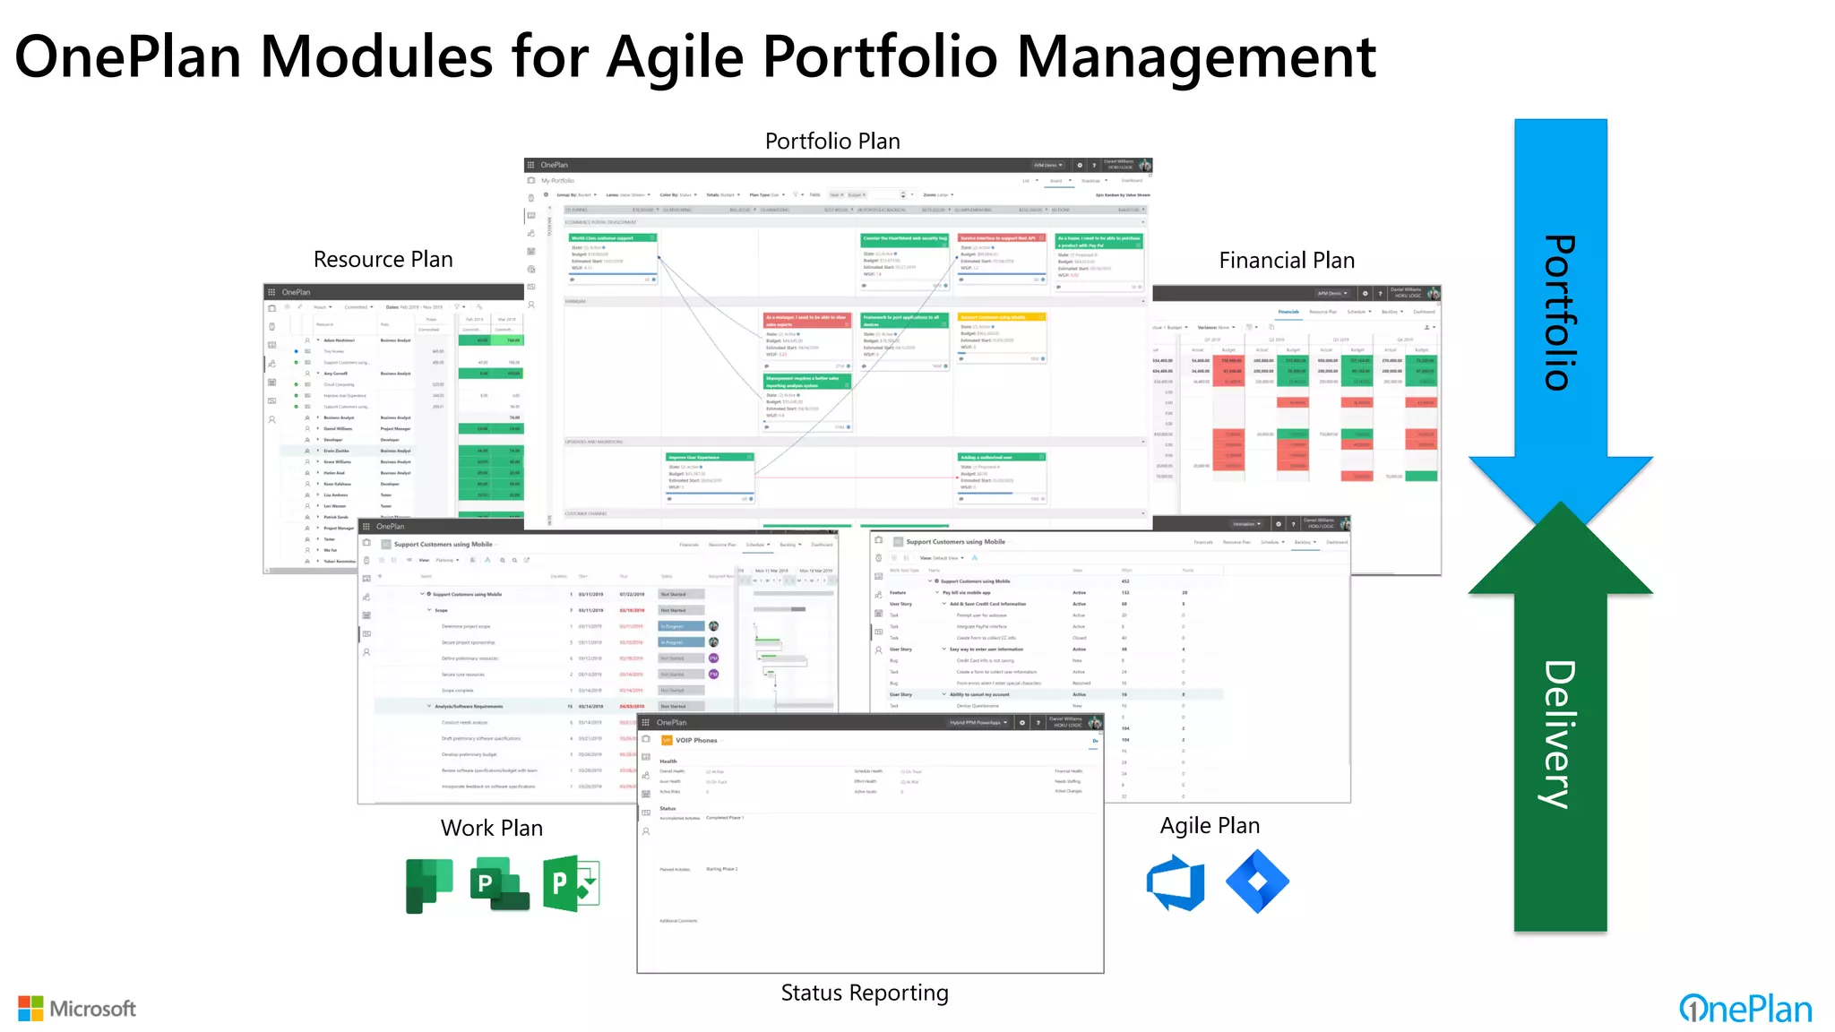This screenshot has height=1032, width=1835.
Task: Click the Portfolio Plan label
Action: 832,142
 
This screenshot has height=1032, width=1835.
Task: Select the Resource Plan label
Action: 383,260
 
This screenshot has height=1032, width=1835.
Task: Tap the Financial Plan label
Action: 1287,261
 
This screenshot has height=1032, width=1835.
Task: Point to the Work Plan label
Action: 492,829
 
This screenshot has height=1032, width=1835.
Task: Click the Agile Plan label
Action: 1210,826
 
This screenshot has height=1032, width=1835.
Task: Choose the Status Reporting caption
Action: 865,993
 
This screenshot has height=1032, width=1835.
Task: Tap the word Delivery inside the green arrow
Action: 1560,735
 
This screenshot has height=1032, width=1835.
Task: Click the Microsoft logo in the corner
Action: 77,1009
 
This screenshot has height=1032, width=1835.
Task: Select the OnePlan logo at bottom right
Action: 1745,1010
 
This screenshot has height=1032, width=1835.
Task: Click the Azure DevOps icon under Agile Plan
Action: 1176,882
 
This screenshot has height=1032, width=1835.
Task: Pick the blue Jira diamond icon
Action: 1257,881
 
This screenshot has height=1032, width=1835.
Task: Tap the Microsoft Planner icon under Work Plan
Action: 429,885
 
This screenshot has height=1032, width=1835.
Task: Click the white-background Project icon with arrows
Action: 571,884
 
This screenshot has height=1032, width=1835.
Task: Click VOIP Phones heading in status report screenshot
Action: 696,741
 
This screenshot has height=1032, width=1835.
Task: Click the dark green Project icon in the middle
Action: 499,884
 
